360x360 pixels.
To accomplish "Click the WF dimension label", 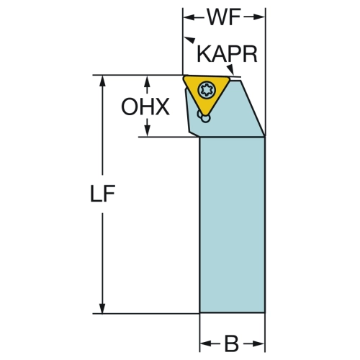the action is tap(224, 17).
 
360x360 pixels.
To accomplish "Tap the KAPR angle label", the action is tap(227, 54).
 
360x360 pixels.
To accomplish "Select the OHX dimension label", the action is tap(145, 107).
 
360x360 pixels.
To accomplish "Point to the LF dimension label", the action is tap(102, 193).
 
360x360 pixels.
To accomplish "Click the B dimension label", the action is tap(232, 343).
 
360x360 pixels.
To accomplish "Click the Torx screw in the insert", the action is tap(207, 91).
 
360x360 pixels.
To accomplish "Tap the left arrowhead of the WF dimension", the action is tap(189, 17).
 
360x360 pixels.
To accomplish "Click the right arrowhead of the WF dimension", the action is tap(259, 17).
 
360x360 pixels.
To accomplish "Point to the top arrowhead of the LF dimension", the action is tap(102, 81).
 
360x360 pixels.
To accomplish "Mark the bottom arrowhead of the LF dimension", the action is tap(102, 307).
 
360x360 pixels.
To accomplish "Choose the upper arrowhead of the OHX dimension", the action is tap(148, 81).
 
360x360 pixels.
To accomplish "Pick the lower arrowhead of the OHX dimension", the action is tap(148, 131).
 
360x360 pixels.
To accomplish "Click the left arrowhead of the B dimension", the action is tap(206, 343).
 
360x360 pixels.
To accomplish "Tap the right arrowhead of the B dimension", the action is tap(258, 343).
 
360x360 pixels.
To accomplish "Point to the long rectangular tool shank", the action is tap(233, 225).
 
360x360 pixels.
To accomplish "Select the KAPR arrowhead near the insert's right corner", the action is tap(231, 70).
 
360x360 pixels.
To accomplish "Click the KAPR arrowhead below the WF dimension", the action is tap(189, 40).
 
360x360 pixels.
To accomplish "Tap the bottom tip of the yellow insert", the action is tap(206, 115).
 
